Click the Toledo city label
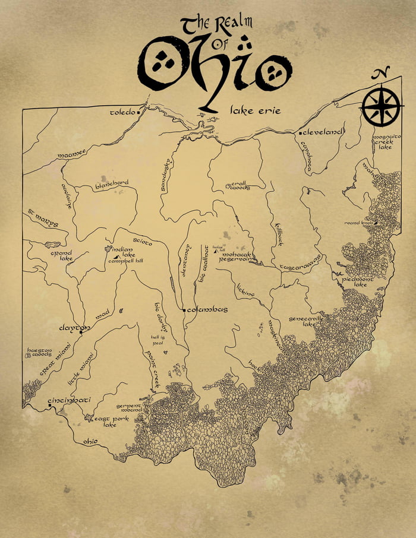click(x=123, y=112)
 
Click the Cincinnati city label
click(x=69, y=400)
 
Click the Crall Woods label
click(x=239, y=186)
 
